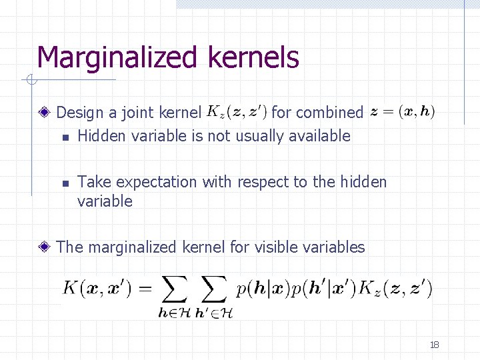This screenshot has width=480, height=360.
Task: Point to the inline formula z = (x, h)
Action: [x=403, y=112]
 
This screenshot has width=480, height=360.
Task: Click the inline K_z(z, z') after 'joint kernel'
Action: [x=237, y=111]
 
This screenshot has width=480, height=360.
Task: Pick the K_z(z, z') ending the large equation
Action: [x=395, y=289]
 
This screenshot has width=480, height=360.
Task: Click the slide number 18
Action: [x=435, y=345]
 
